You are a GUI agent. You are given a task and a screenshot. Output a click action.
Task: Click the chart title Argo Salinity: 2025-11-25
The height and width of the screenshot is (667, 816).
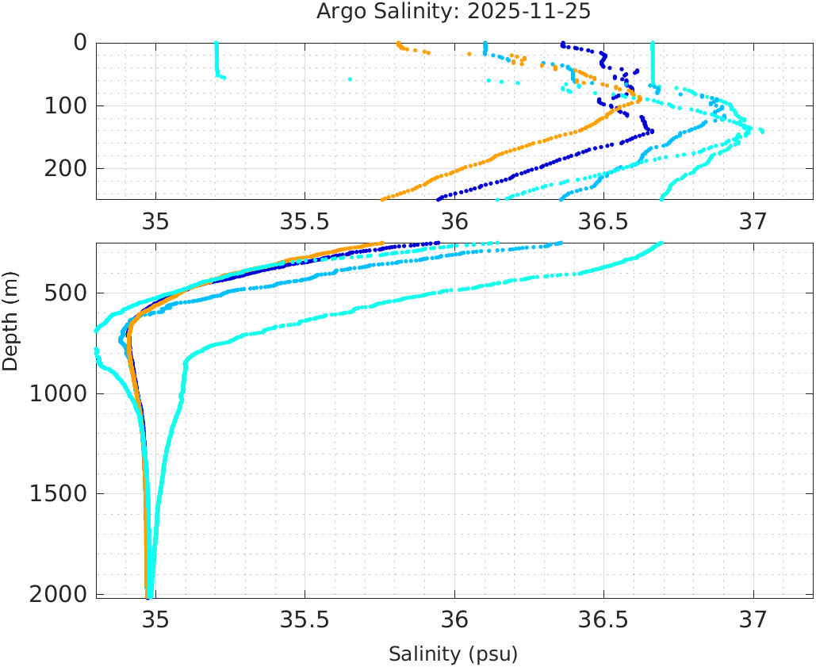click(x=454, y=12)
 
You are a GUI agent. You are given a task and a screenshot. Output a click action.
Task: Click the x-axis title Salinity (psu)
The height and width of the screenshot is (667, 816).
click(x=453, y=654)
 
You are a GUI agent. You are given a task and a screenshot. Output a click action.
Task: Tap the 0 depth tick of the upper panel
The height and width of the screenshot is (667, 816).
click(x=80, y=43)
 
